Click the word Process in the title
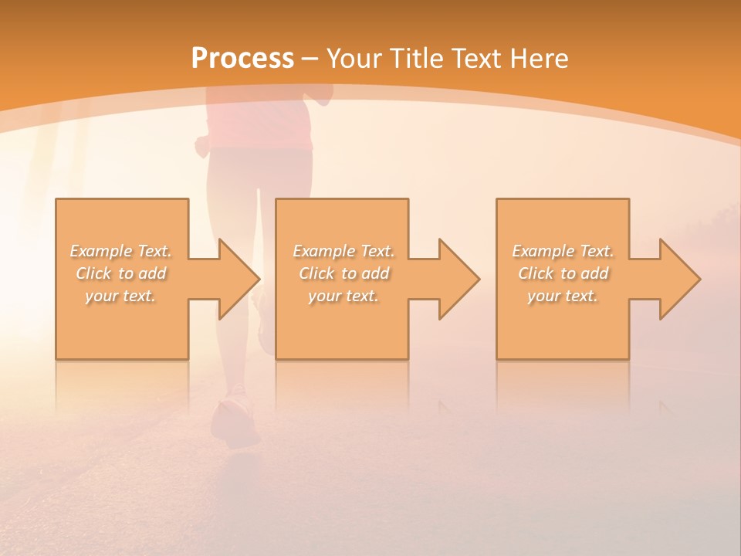242,58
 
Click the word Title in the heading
418,58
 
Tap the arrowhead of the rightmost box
679,279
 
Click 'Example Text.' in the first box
120,251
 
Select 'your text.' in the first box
120,296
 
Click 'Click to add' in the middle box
343,273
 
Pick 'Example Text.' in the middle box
343,251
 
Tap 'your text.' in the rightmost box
563,296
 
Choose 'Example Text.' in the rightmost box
563,251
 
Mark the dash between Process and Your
310,59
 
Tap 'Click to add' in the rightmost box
563,273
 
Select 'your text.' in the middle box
343,296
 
